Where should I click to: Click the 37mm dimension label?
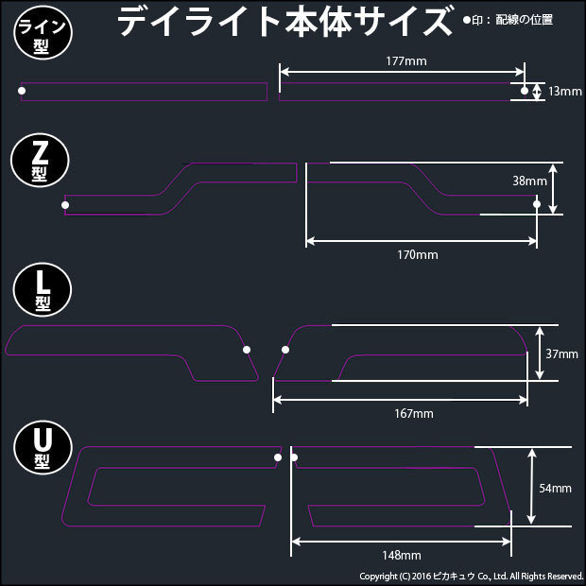tap(561, 354)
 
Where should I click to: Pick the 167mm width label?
tap(413, 414)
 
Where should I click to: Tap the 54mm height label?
tap(555, 489)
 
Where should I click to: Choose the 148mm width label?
tap(401, 555)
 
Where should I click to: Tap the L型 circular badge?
tap(39, 288)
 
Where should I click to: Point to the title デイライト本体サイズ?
tap(284, 21)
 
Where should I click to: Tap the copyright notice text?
tap(471, 576)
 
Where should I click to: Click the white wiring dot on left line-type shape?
tap(23, 91)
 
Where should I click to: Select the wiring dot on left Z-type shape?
tap(65, 204)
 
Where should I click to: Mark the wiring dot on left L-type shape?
tap(247, 350)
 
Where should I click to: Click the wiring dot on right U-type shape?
tap(295, 458)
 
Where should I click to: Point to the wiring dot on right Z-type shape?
tap(536, 204)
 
